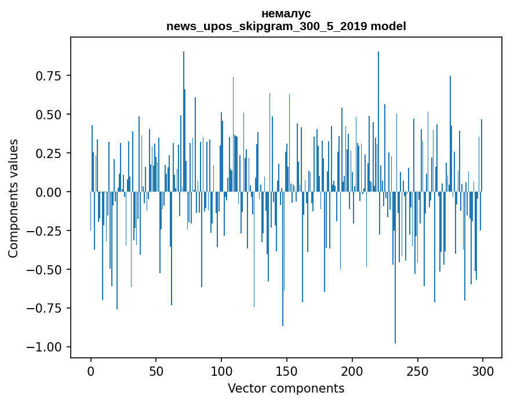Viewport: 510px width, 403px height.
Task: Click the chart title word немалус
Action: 286,13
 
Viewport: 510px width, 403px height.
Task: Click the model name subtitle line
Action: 286,26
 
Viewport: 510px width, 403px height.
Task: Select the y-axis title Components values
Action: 13,198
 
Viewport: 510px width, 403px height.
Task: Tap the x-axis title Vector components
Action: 286,388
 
